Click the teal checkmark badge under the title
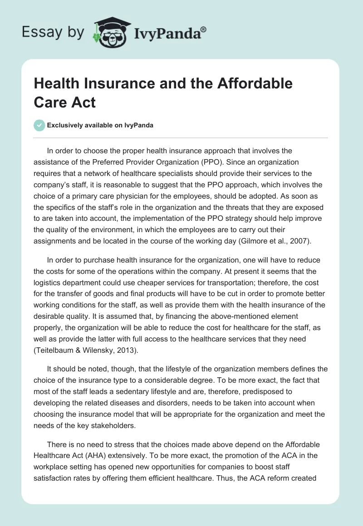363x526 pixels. point(39,125)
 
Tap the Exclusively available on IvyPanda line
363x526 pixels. point(101,126)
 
